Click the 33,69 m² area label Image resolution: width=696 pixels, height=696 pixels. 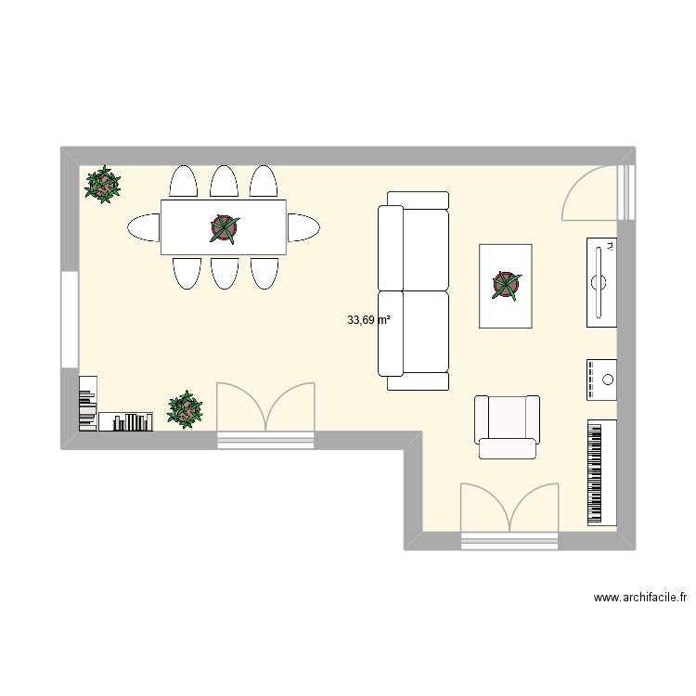coord(368,320)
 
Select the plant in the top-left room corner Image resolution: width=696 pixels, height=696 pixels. coord(102,185)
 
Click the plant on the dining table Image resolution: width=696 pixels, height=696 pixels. coord(224,226)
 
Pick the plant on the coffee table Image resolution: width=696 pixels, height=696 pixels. coord(506,285)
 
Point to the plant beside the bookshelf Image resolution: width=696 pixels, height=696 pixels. coord(186,408)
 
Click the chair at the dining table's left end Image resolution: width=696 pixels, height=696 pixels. coord(144,226)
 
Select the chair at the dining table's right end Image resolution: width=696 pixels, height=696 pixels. coord(303,226)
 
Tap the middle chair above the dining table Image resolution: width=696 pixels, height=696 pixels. coord(224,181)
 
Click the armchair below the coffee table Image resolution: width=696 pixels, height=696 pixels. coord(507,426)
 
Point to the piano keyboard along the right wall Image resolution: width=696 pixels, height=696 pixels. coord(602,472)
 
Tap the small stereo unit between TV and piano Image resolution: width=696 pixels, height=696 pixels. coord(602,380)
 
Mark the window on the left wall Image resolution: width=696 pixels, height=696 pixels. coord(70,318)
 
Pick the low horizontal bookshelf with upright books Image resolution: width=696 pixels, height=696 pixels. coord(126,422)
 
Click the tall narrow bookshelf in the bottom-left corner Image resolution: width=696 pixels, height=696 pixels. coord(87,404)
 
